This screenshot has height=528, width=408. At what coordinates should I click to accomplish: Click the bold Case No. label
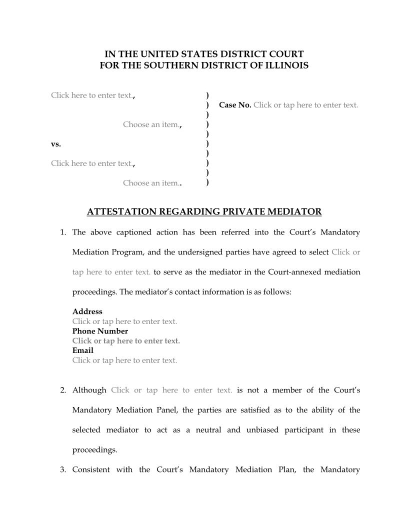click(x=235, y=105)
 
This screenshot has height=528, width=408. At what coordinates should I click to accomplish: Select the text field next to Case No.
click(x=305, y=105)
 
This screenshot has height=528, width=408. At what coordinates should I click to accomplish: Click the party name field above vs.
click(x=92, y=95)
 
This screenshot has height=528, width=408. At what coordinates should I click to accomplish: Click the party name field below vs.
click(x=92, y=163)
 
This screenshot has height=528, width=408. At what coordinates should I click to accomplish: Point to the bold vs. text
click(x=56, y=144)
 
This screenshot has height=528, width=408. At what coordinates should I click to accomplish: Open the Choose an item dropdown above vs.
click(x=150, y=124)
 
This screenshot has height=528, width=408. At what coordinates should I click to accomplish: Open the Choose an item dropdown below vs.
click(x=150, y=183)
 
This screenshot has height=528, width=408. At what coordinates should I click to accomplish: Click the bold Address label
click(x=87, y=311)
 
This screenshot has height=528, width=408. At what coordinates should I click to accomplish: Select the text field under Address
click(x=124, y=321)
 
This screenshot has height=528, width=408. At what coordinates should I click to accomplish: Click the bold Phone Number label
click(x=100, y=331)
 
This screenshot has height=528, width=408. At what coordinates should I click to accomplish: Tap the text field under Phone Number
click(x=126, y=341)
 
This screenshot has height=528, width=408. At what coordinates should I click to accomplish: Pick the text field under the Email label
click(x=124, y=360)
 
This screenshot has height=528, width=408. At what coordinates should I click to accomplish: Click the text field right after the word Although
click(x=171, y=390)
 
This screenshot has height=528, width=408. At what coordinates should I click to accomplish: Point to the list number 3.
click(x=63, y=469)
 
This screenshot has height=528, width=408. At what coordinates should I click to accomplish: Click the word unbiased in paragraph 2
click(x=262, y=430)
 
